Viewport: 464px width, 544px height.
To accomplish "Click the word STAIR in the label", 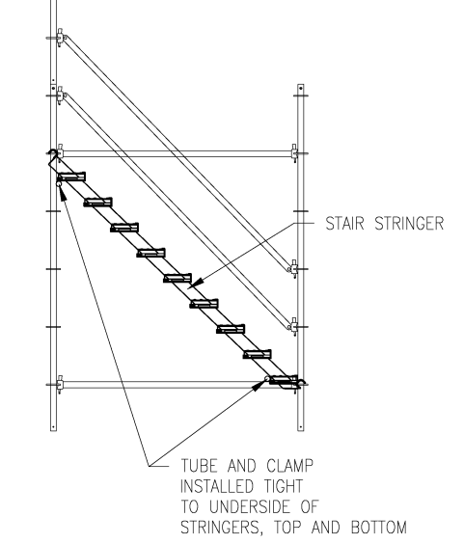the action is (x=344, y=224).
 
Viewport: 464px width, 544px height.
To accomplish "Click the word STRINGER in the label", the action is (x=409, y=224).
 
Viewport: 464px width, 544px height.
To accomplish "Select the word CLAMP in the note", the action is (x=290, y=466).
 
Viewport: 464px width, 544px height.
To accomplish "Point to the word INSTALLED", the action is (x=217, y=486).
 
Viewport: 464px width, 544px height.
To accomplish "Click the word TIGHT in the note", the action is (x=284, y=486).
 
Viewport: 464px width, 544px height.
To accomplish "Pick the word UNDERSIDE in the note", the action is (x=250, y=507).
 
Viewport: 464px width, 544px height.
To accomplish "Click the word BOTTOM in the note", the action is (x=378, y=528).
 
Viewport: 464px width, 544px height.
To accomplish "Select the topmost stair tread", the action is (x=71, y=177).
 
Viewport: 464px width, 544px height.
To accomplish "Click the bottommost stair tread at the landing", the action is (x=284, y=380).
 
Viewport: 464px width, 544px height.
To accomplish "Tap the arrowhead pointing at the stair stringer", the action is (x=196, y=284).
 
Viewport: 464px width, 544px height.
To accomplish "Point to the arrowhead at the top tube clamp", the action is (x=63, y=193).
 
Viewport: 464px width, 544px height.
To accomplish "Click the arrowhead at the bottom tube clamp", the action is (x=259, y=385).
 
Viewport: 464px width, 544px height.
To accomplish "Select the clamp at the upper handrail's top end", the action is (x=61, y=37).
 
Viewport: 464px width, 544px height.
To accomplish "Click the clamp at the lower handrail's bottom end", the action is (x=293, y=326).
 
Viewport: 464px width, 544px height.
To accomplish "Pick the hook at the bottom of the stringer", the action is (x=301, y=382).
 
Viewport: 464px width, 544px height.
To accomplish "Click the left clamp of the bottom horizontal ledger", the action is (x=60, y=385).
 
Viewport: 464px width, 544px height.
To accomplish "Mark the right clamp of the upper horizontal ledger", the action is (x=294, y=153).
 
